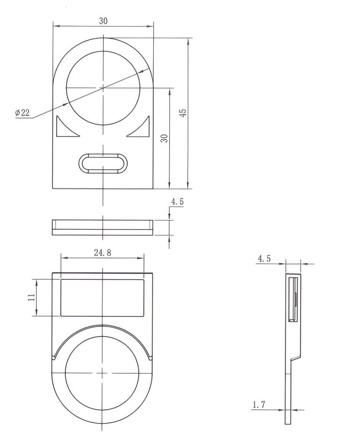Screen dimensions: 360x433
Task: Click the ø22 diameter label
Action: point(22,113)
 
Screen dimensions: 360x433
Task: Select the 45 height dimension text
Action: point(183,113)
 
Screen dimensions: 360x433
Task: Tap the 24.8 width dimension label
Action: point(103,252)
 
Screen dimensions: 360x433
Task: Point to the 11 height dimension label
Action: point(32,297)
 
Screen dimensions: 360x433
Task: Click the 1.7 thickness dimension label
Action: point(259,404)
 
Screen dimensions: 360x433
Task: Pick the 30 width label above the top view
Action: point(103,21)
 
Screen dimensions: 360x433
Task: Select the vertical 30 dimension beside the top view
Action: point(164,138)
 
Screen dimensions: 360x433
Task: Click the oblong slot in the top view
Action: point(103,163)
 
